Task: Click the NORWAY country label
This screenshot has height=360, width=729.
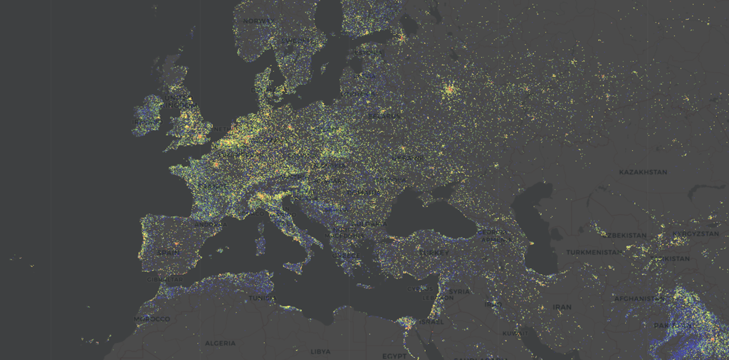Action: pyautogui.click(x=258, y=21)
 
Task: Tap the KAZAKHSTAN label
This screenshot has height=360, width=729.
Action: pyautogui.click(x=643, y=172)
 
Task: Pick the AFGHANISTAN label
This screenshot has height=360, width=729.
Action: pyautogui.click(x=639, y=299)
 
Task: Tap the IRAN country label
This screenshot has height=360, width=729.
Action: pyautogui.click(x=562, y=307)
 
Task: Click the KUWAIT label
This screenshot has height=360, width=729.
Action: pyautogui.click(x=515, y=332)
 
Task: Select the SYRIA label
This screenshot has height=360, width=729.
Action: pyautogui.click(x=459, y=292)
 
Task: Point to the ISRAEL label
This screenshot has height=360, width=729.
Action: pyautogui.click(x=431, y=322)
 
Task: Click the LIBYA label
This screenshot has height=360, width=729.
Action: pyautogui.click(x=320, y=351)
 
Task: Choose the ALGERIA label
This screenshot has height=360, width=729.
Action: pyautogui.click(x=220, y=343)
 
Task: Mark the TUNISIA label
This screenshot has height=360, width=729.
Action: pyautogui.click(x=261, y=298)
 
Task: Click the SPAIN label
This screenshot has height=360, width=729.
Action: pyautogui.click(x=169, y=252)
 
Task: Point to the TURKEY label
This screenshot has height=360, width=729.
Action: pyautogui.click(x=434, y=253)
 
